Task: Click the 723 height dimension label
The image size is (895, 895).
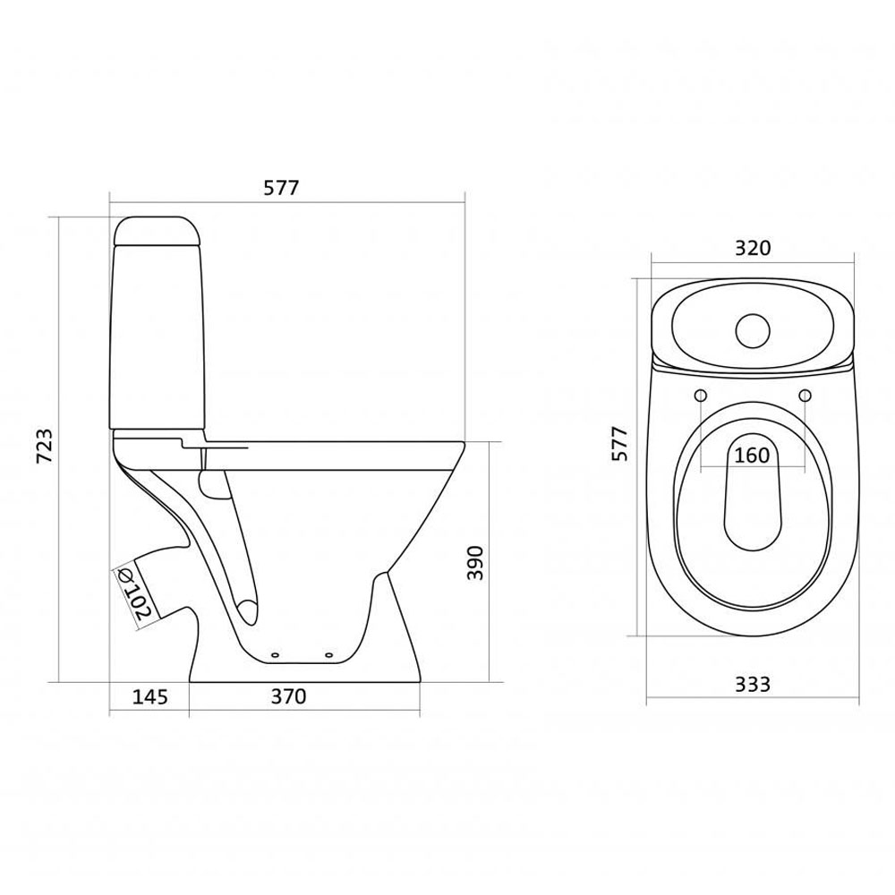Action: click(x=45, y=446)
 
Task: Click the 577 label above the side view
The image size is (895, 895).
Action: click(x=281, y=187)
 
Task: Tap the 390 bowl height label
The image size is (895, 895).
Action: click(x=475, y=563)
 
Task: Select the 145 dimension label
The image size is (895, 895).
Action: click(x=150, y=696)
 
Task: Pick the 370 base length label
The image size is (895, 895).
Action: click(x=288, y=696)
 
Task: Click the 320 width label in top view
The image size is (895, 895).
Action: click(x=753, y=248)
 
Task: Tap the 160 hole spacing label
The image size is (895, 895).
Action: click(x=752, y=455)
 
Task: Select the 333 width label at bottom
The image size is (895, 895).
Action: click(x=753, y=684)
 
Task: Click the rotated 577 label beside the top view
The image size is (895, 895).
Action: click(x=620, y=444)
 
